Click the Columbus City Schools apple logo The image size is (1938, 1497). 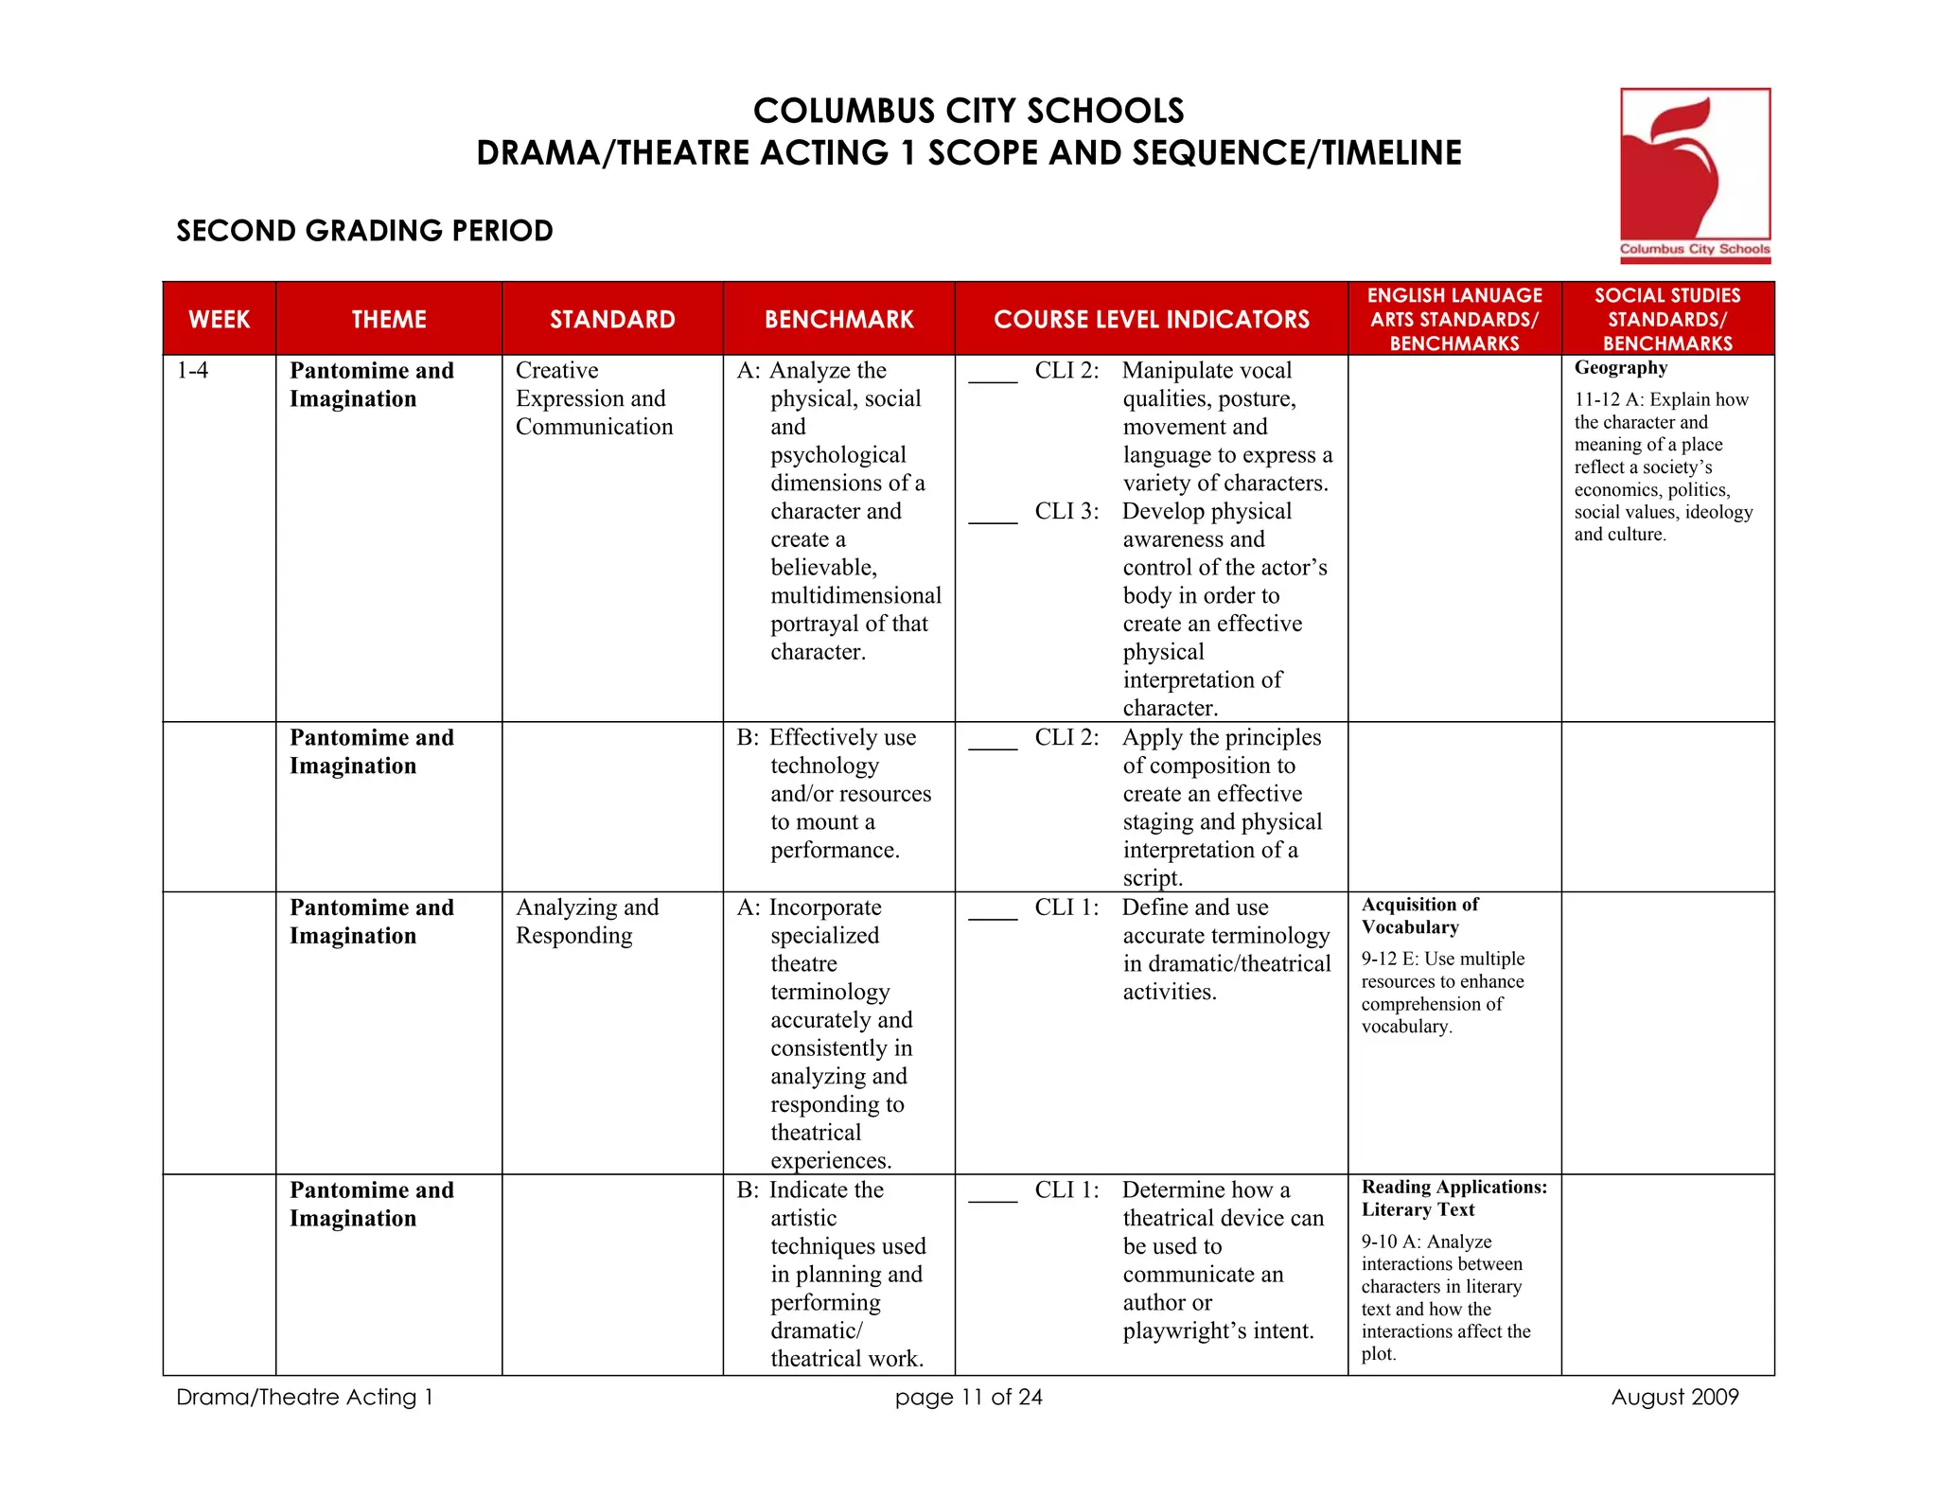(x=1694, y=174)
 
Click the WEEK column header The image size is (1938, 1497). (x=219, y=319)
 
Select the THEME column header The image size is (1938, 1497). (x=389, y=319)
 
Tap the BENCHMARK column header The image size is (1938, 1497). (x=838, y=319)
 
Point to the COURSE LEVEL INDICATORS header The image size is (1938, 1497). (x=1151, y=319)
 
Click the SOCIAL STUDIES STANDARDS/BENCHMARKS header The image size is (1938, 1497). (x=1667, y=319)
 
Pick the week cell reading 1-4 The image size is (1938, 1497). (x=192, y=370)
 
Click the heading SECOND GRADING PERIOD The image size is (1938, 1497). (x=364, y=231)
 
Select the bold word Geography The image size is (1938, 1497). (x=1620, y=368)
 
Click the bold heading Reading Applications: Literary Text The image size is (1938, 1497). (x=1453, y=1198)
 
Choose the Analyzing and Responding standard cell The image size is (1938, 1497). (x=587, y=921)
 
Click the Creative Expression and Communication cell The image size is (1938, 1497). (x=593, y=398)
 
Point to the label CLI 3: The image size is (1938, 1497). (x=1066, y=511)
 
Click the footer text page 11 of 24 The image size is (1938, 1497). (x=968, y=1397)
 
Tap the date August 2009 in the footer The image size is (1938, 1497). (x=1674, y=1397)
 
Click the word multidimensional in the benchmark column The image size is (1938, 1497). (x=855, y=595)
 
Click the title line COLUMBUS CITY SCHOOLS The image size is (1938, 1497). (x=968, y=111)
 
